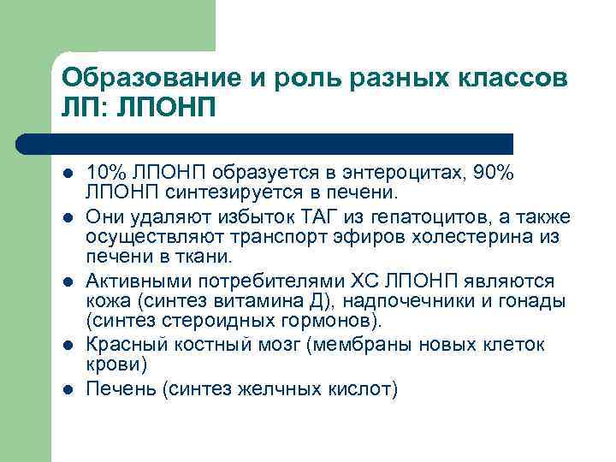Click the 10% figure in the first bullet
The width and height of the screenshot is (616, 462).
pyautogui.click(x=104, y=173)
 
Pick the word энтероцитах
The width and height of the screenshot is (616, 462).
pyautogui.click(x=387, y=173)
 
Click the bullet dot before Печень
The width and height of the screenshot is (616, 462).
pyautogui.click(x=68, y=390)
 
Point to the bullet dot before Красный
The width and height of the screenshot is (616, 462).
pyautogui.click(x=68, y=346)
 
